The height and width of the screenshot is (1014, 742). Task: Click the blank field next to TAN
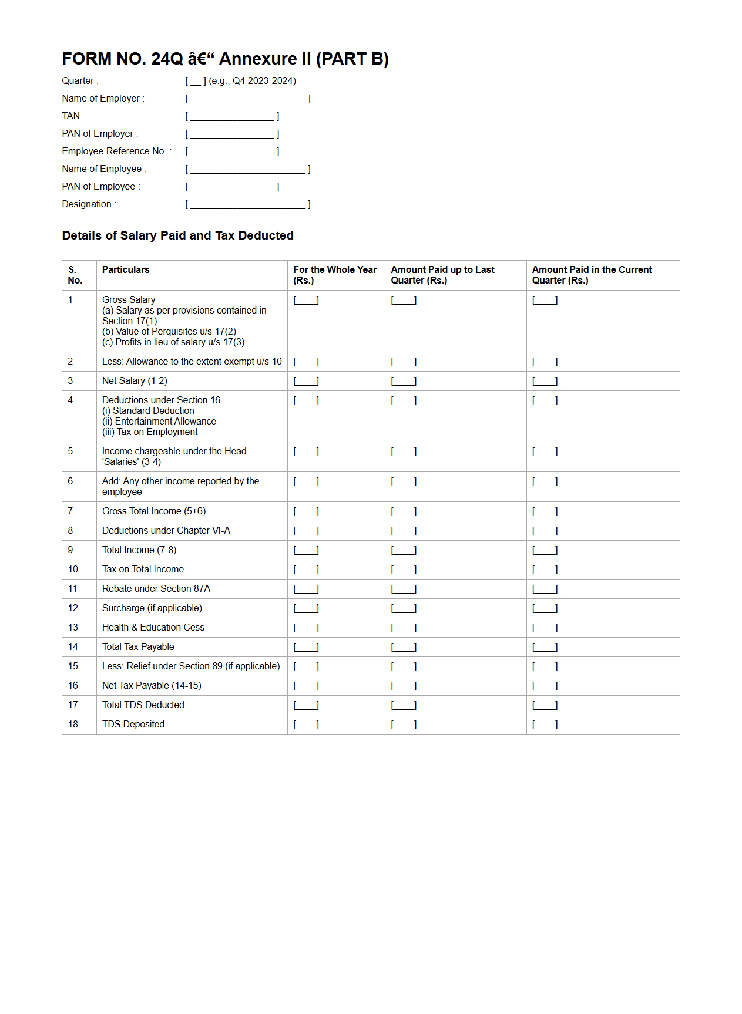coord(232,117)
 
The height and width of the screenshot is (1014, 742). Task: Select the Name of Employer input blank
coord(247,99)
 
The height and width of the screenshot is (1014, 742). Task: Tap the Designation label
coord(87,204)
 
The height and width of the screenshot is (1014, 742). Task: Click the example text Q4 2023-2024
coord(264,81)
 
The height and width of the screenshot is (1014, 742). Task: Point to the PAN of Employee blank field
coord(232,187)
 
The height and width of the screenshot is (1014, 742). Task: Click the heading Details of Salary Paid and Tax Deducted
coord(177,235)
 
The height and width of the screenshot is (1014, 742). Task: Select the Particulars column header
coord(126,270)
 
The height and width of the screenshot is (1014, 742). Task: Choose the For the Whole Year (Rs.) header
coord(335,275)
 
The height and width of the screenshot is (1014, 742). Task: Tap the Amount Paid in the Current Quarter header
coord(592,275)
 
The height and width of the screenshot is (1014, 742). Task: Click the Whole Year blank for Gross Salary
coord(306,301)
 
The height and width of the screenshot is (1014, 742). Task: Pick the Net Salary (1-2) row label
coord(135,381)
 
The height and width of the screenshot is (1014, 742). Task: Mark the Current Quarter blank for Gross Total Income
coord(545,512)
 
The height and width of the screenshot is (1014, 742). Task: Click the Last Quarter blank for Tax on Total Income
coord(404,570)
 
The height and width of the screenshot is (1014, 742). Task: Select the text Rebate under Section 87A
coord(156,589)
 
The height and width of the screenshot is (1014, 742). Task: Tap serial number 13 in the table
coord(73,628)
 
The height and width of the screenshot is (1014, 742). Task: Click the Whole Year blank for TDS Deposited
coord(306,725)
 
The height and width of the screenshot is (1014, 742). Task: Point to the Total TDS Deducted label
coord(143,705)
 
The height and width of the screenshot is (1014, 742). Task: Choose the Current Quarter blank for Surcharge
coord(545,609)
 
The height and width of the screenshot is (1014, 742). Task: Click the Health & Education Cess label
coord(153,628)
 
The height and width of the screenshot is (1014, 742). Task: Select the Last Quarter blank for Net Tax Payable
coord(404,686)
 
